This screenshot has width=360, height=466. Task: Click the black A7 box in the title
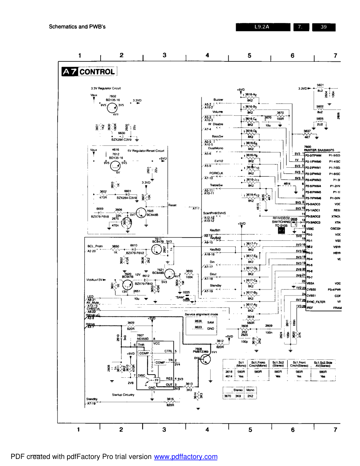click(x=70, y=72)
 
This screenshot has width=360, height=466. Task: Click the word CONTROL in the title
click(x=97, y=72)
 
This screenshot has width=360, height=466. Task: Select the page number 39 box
click(x=323, y=27)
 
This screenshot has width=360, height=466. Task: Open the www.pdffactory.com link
click(x=186, y=456)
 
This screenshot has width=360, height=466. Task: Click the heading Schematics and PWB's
click(x=77, y=26)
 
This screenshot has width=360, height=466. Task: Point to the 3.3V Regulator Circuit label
click(x=106, y=88)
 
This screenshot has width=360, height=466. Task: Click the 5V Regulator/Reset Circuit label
click(x=146, y=151)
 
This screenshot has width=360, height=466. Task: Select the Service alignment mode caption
click(x=201, y=314)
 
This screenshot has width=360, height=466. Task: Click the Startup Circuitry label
click(x=123, y=395)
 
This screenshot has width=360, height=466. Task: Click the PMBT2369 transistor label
click(x=200, y=352)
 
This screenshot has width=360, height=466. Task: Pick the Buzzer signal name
click(x=218, y=100)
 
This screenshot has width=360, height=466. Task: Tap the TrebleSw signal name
click(x=216, y=185)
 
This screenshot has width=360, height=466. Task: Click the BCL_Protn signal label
click(x=95, y=246)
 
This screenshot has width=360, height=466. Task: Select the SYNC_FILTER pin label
click(x=316, y=302)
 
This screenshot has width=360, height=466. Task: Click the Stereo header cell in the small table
click(x=238, y=390)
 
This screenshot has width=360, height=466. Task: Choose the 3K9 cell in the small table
click(x=238, y=396)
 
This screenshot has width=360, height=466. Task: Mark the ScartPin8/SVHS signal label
click(x=214, y=213)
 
